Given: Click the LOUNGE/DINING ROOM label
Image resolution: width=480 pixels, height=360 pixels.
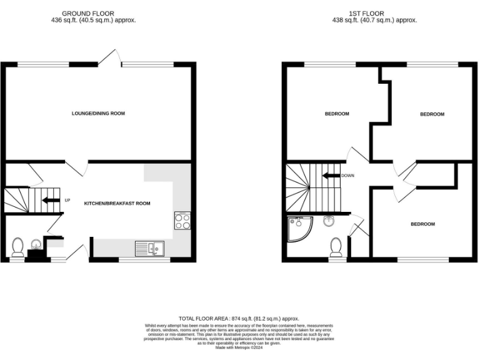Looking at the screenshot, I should (x=98, y=114).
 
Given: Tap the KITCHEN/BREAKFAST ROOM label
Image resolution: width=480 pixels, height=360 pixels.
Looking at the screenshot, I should (x=117, y=204).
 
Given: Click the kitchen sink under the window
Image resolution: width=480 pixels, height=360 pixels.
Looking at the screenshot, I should (x=149, y=248).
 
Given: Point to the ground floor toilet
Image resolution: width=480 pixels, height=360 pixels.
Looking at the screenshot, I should (x=17, y=247).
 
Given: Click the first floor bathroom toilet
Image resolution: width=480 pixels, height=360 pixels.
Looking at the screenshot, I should (x=336, y=247).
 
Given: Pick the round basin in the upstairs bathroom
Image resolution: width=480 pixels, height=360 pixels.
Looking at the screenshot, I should (x=329, y=220).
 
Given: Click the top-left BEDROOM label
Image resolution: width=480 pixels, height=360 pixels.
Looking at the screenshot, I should (x=336, y=114).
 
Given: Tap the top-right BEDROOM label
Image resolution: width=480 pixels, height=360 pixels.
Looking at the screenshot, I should (x=432, y=114).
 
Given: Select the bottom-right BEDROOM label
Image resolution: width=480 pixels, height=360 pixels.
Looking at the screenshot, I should (x=422, y=224).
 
